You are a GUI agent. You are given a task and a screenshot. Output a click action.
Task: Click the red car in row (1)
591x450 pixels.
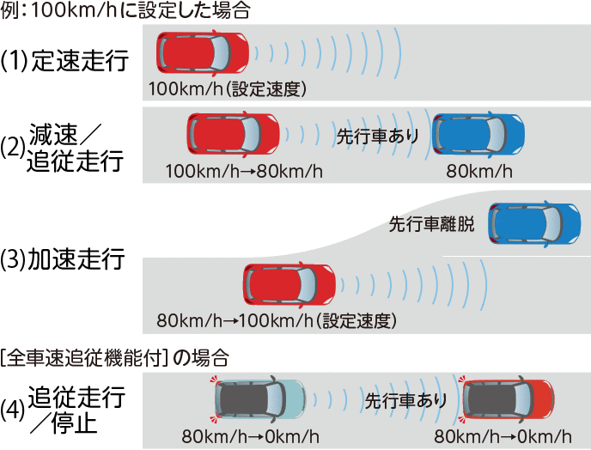pyautogui.click(x=202, y=53)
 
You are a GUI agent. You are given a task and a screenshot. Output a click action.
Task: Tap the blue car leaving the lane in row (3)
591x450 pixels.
pyautogui.click(x=533, y=223)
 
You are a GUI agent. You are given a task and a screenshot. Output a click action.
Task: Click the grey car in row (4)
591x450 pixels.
pyautogui.click(x=259, y=399)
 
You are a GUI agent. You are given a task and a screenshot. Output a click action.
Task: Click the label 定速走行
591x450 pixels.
pyautogui.click(x=78, y=60)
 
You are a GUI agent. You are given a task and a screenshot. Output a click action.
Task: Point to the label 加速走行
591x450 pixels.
pyautogui.click(x=77, y=258)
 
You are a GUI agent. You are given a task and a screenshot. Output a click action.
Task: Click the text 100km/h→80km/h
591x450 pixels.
pyautogui.click(x=245, y=171)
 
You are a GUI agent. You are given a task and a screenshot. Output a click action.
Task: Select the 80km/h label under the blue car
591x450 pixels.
pyautogui.click(x=478, y=171)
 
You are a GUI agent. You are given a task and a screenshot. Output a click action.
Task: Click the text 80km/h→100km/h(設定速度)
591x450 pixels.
pyautogui.click(x=276, y=322)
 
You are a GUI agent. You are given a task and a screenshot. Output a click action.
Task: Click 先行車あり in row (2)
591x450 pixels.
pyautogui.click(x=377, y=135)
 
